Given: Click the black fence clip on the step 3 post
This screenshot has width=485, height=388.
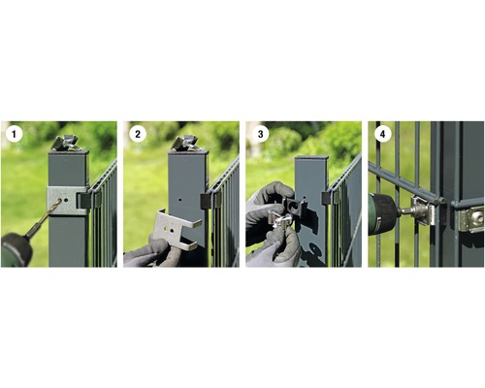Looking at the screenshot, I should tap(327, 196).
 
